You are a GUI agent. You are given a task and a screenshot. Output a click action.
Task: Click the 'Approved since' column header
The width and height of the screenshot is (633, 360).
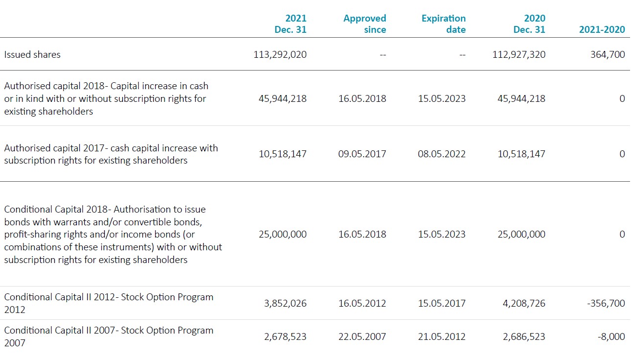click(x=365, y=24)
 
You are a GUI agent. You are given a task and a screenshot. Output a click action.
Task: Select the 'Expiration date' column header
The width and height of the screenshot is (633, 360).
click(x=444, y=24)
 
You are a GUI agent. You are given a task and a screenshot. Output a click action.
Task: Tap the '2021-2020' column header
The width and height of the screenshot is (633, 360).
click(x=602, y=29)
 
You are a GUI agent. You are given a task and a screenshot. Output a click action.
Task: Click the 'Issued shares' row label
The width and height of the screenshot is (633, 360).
click(x=32, y=54)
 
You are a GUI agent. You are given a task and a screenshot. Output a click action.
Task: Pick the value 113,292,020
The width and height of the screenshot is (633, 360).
click(x=280, y=54)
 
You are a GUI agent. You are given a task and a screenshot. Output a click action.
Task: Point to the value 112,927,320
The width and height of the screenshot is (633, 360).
click(x=519, y=54)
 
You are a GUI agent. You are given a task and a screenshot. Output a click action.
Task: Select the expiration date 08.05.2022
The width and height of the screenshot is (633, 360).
click(x=442, y=154)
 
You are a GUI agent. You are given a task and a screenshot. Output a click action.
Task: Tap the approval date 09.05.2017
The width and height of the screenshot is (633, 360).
click(x=362, y=154)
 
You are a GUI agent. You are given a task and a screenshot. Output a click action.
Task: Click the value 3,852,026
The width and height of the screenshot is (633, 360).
click(x=285, y=303)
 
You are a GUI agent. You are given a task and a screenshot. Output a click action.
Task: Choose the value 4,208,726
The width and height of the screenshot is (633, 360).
click(x=524, y=303)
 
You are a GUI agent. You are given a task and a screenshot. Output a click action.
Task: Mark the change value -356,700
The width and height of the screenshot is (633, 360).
click(x=606, y=303)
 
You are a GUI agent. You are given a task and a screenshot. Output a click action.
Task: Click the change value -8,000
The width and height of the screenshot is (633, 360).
click(x=611, y=336)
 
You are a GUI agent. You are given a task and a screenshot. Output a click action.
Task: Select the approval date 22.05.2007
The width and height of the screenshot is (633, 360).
click(x=362, y=336)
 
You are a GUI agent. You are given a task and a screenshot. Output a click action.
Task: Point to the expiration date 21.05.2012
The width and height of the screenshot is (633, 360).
click(x=442, y=336)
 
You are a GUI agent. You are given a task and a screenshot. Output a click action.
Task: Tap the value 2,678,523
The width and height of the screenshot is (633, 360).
click(x=285, y=336)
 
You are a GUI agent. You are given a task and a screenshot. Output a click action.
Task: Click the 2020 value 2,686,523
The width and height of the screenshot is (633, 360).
click(x=524, y=336)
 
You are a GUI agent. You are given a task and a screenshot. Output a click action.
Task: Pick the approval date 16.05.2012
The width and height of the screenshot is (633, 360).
click(x=362, y=303)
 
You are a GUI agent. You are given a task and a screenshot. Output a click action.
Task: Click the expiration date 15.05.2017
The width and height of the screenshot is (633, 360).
click(x=442, y=303)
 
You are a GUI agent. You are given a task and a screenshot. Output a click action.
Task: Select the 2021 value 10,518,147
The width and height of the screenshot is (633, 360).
click(x=283, y=154)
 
